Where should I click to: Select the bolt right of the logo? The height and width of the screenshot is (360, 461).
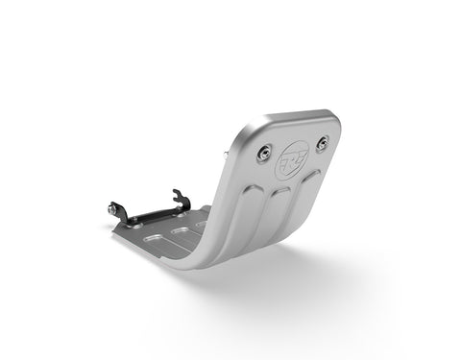323,141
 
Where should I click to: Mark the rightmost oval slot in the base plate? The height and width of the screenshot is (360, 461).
204,226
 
